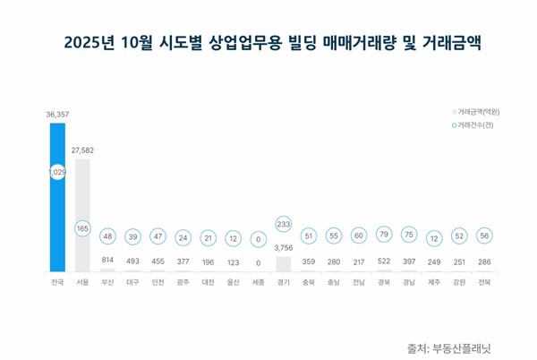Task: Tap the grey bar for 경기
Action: [x=283, y=264]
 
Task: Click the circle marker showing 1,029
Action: [x=57, y=172]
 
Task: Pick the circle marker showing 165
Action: [x=82, y=229]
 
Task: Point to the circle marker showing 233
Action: [x=283, y=225]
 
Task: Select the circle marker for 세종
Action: [x=258, y=239]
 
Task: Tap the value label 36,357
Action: [x=57, y=115]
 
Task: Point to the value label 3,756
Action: [x=283, y=248]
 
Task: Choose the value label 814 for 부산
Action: [x=107, y=261]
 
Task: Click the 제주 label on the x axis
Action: [x=434, y=282]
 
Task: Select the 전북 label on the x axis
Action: [x=484, y=282]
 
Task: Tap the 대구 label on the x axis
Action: [x=132, y=282]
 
